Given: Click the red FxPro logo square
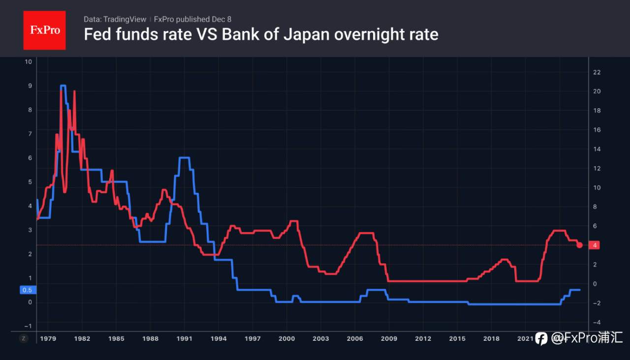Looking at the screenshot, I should pos(44,30).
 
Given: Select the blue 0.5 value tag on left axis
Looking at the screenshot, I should pos(27,290).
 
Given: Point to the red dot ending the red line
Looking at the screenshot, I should pos(579,245).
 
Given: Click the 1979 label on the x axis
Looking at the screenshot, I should pos(48,338).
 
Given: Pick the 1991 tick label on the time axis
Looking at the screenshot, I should pos(184,338).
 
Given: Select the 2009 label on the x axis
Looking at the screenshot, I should pos(389,338).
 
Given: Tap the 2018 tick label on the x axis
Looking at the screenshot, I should pos(491,338).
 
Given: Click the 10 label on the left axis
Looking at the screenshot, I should pos(28,62).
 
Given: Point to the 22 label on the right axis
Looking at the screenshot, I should pos(597,72).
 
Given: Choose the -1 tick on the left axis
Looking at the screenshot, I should pos(28,326).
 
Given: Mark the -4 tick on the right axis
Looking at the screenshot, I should pos(597,322).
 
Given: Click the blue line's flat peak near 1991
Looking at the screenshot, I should pos(185,157).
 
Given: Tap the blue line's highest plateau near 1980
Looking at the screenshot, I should pos(63,86).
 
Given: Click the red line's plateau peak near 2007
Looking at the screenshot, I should pos(365,233).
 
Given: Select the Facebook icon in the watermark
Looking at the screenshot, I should pos(541,338).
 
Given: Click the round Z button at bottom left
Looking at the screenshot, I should pos(23,338).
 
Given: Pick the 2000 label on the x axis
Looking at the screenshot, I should pos(286,338).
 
